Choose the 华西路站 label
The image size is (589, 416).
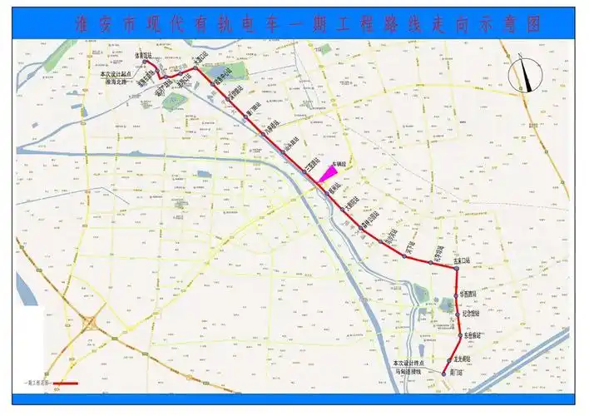[470, 295]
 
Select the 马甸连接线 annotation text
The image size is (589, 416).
[409, 371]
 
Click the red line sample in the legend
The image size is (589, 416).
[64, 384]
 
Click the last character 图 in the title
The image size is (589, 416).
[533, 26]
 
